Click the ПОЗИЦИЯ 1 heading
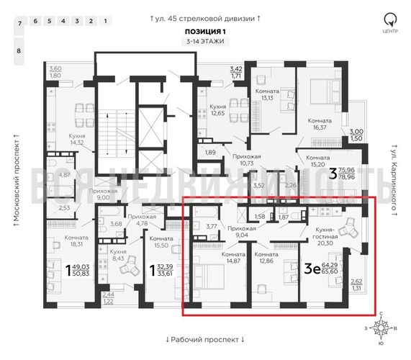click(205, 32)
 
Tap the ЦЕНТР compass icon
click(389, 20)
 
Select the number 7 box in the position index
click(20, 24)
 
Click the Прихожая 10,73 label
click(237, 159)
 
